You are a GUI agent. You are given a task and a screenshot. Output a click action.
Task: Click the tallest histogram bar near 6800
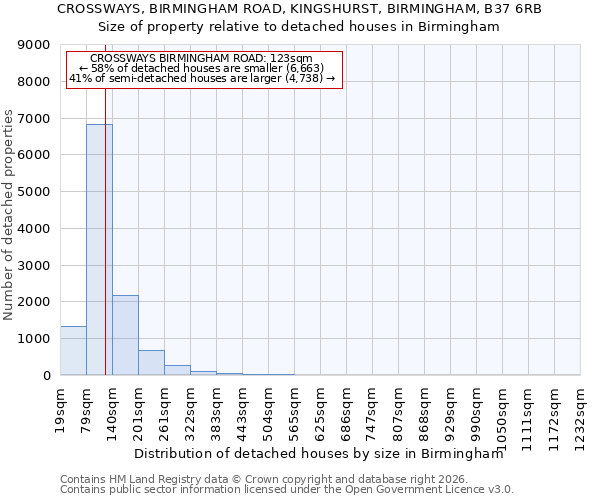click(x=99, y=250)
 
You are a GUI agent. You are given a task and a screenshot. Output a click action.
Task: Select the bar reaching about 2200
click(x=125, y=335)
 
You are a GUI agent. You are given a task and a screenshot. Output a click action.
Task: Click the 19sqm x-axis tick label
click(x=60, y=405)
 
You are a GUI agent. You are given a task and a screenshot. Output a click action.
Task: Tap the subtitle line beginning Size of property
click(x=299, y=27)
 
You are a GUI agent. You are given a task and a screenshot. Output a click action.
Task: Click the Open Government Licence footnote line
click(x=287, y=490)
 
